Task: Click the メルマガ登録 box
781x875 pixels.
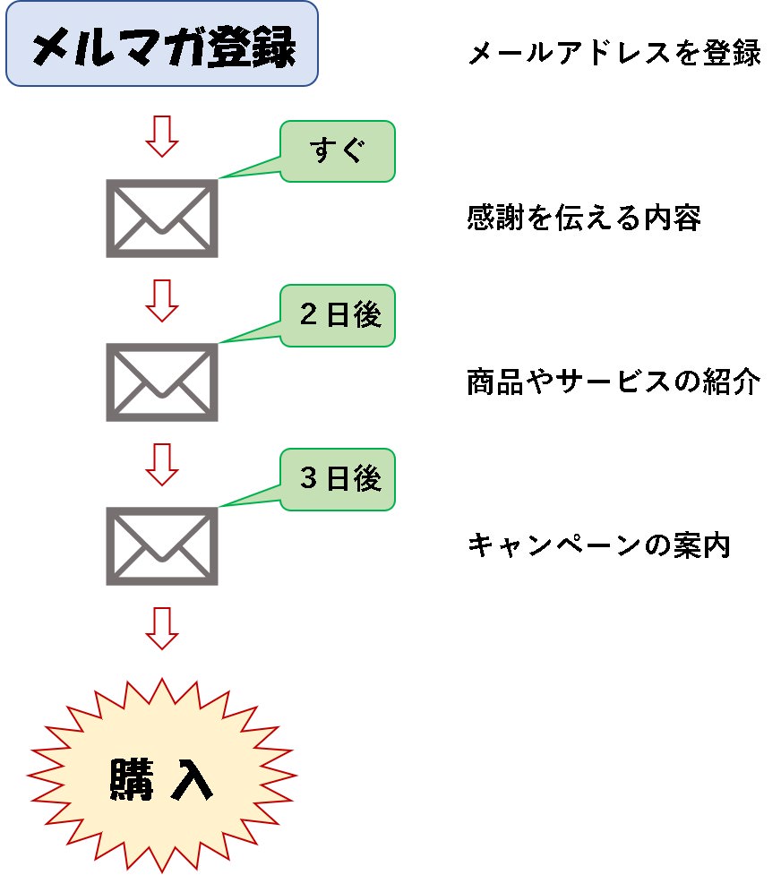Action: [x=162, y=44]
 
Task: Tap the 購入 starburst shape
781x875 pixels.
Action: [x=162, y=775]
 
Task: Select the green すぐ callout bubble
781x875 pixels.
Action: [x=338, y=151]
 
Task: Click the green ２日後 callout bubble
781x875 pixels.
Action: [x=338, y=315]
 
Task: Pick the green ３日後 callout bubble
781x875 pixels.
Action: [x=338, y=479]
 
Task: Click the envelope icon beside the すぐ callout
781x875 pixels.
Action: [x=162, y=219]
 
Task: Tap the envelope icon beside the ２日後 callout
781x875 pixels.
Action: [x=162, y=382]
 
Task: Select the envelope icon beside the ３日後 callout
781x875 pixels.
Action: [x=162, y=546]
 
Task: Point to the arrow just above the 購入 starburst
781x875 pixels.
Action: [x=162, y=628]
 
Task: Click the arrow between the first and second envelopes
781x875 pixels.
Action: [x=162, y=300]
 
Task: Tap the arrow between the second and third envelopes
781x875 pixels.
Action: [x=162, y=464]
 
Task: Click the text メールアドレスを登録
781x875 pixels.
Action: [x=614, y=55]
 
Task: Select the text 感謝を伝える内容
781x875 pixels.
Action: [x=584, y=219]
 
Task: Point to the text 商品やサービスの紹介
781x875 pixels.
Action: [x=614, y=382]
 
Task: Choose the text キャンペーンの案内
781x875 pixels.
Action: [x=599, y=545]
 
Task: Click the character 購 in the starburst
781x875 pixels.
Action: [x=131, y=778]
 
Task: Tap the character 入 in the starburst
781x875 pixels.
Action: [x=193, y=778]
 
